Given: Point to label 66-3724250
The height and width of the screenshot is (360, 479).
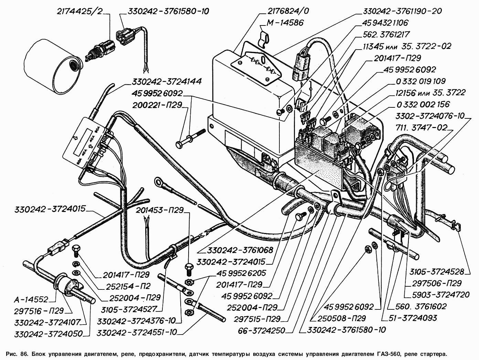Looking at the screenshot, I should [x=261, y=331].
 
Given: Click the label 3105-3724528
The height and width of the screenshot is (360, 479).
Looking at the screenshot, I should [x=436, y=272].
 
